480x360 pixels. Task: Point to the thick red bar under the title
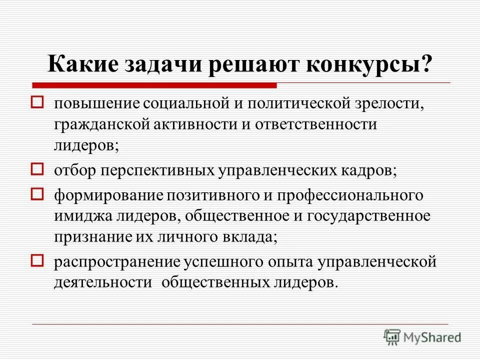[x=155, y=85]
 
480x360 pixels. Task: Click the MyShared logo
[x=422, y=337]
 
